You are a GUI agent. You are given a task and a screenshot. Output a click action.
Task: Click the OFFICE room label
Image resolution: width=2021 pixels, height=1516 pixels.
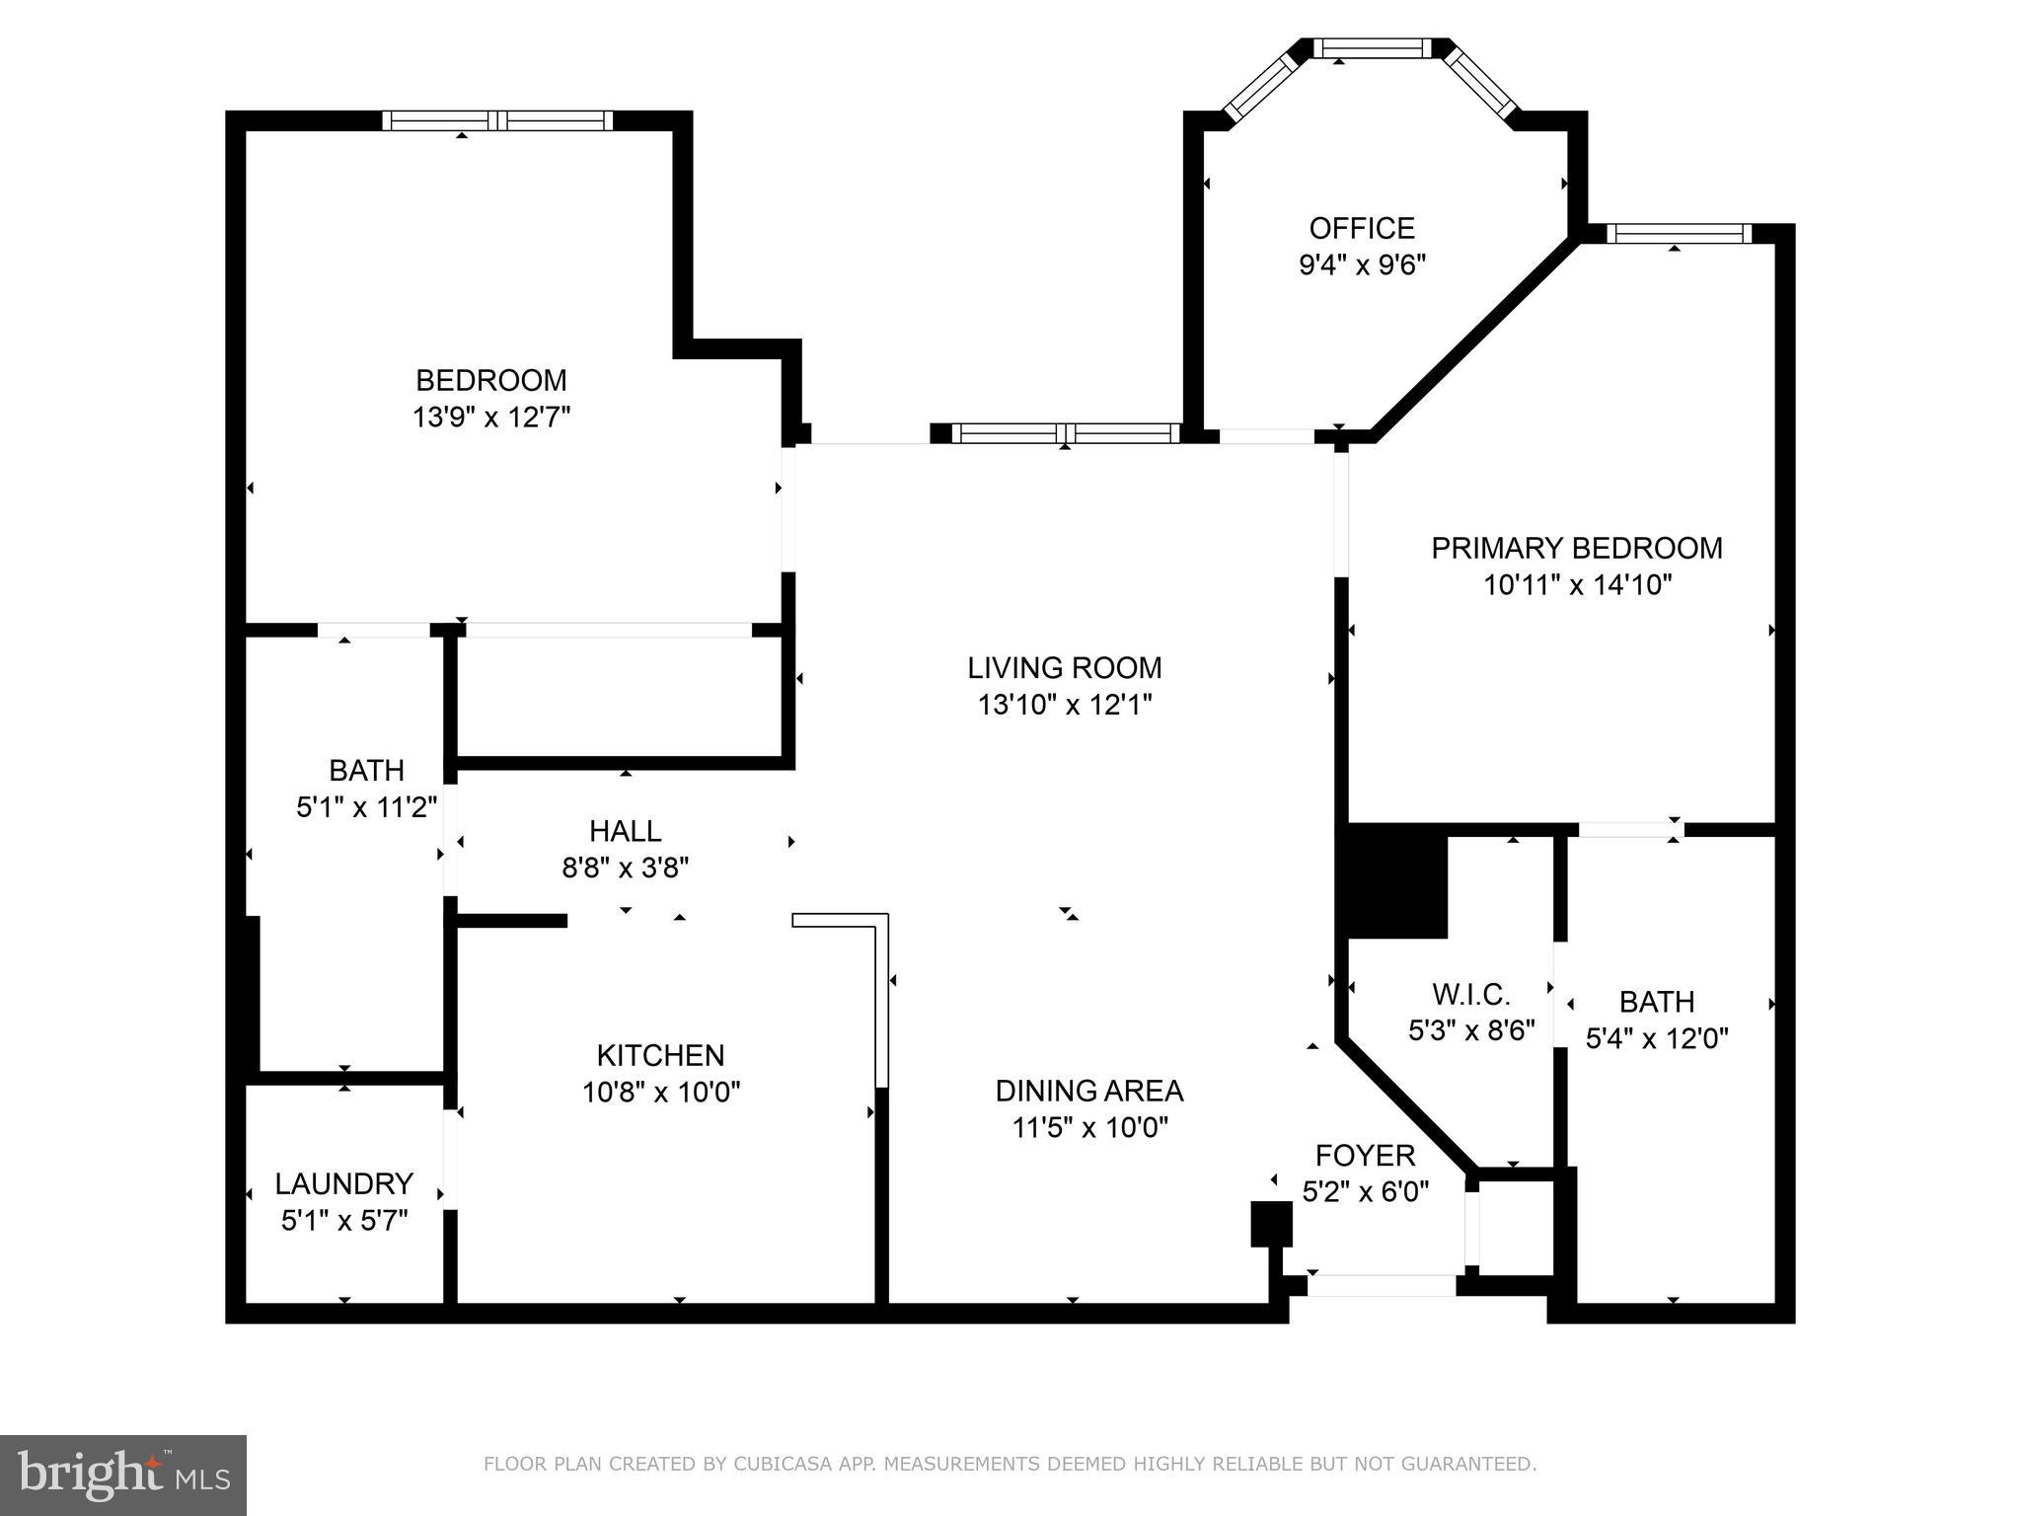pyautogui.click(x=1361, y=228)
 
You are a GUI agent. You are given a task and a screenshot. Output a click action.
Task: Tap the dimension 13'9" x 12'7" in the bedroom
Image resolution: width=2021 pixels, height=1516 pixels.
pyautogui.click(x=490, y=417)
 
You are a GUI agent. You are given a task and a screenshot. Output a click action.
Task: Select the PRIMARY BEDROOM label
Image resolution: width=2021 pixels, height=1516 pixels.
pyautogui.click(x=1576, y=548)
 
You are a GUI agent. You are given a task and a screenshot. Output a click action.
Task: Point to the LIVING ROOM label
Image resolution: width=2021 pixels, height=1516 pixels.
pyautogui.click(x=1064, y=668)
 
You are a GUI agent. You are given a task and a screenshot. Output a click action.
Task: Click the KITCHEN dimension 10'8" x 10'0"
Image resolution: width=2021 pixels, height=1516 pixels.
pyautogui.click(x=660, y=1093)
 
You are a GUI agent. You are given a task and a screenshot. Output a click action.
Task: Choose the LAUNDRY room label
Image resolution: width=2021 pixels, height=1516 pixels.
pyautogui.click(x=343, y=1183)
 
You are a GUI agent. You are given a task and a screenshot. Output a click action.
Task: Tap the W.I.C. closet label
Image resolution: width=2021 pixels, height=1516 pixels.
pyautogui.click(x=1470, y=993)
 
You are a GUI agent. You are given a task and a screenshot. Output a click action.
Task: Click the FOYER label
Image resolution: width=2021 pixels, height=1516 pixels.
pyautogui.click(x=1365, y=1155)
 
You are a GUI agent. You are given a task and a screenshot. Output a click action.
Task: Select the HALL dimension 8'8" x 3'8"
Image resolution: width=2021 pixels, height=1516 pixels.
pyautogui.click(x=625, y=869)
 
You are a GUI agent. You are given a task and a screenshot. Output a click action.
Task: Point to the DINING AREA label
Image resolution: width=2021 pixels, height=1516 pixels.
pyautogui.click(x=1088, y=1091)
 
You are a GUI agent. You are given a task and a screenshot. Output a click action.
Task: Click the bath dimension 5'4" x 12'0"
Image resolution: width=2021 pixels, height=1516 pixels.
pyautogui.click(x=1656, y=1038)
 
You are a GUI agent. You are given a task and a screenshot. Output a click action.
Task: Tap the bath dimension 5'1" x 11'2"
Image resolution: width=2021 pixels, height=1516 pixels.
pyautogui.click(x=366, y=807)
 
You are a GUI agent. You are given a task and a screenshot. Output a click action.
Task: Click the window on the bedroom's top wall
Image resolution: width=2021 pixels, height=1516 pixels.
pyautogui.click(x=497, y=120)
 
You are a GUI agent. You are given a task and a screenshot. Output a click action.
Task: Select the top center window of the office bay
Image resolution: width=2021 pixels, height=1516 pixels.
pyautogui.click(x=1373, y=47)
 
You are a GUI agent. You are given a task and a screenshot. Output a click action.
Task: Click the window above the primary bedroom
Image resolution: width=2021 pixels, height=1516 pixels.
pyautogui.click(x=1678, y=234)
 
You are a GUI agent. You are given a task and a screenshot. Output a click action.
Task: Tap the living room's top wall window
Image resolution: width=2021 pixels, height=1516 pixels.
pyautogui.click(x=1066, y=432)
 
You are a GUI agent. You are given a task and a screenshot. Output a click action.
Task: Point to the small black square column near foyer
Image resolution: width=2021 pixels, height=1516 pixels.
pyautogui.click(x=1271, y=1224)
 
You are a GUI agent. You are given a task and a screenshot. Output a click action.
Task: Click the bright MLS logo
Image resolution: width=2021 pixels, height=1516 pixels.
pyautogui.click(x=122, y=1475)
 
